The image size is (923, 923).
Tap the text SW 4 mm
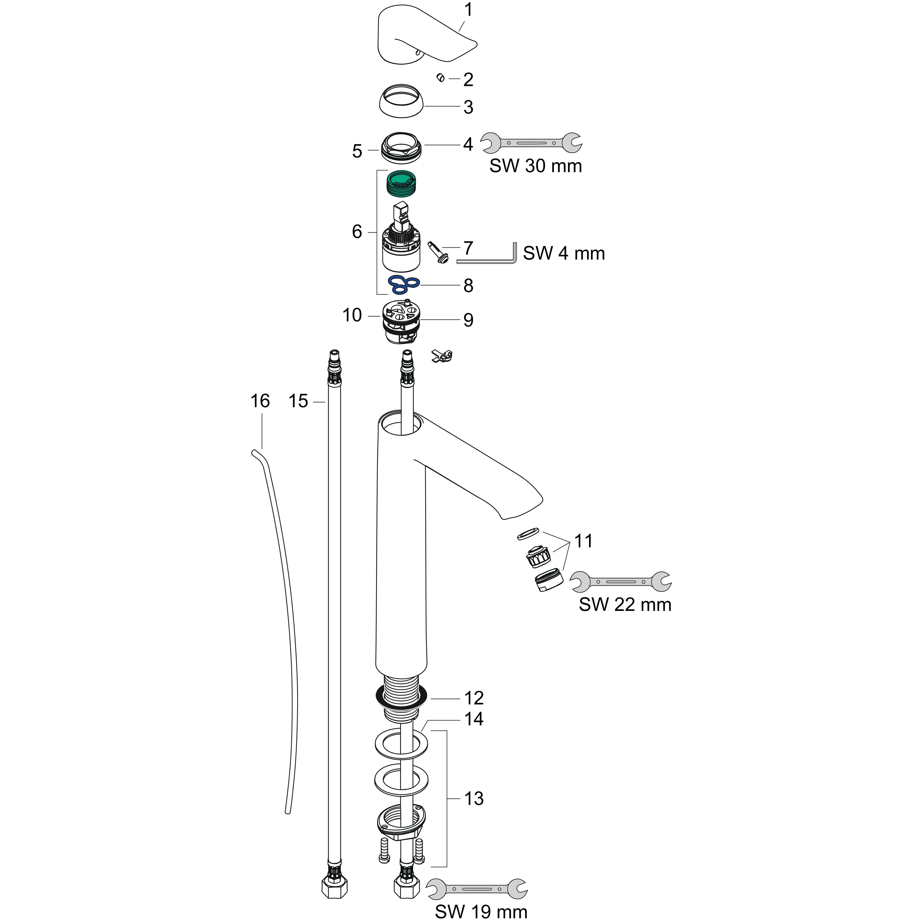pos(564,253)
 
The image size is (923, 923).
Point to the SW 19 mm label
pos(481,912)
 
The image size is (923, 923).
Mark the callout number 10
pos(352,315)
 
